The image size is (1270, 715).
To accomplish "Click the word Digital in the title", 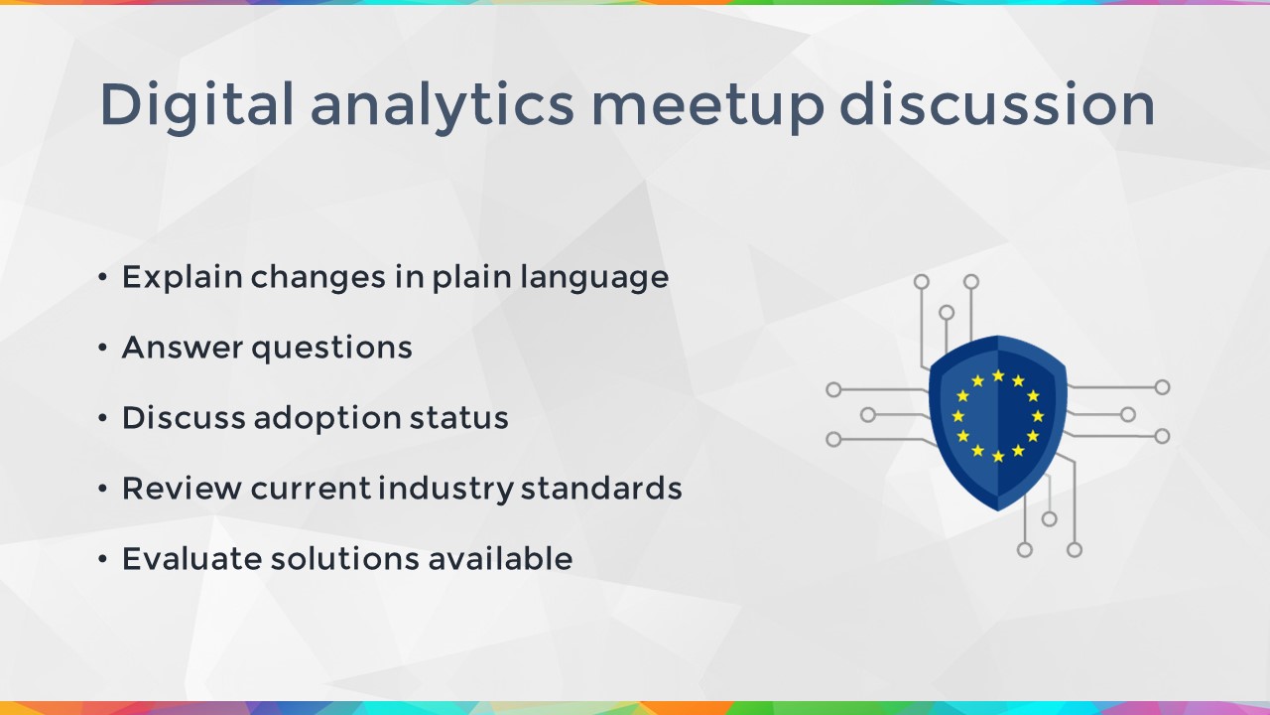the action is [x=196, y=105].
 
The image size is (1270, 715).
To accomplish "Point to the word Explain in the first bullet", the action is [x=183, y=277].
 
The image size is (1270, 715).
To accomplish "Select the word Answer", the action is [x=183, y=348].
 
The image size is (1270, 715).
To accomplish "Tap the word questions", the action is [x=331, y=349].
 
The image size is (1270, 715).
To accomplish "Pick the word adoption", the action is [x=327, y=419].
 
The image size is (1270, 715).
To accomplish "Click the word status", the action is [x=459, y=418].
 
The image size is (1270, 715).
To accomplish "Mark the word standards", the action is [x=601, y=488].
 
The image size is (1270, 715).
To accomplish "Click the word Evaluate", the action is [x=192, y=559].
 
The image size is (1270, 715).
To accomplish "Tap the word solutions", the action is [x=345, y=558].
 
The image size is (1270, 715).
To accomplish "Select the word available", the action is [x=500, y=558].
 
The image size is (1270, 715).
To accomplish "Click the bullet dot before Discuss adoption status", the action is [x=102, y=418].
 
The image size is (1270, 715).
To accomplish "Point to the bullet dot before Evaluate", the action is [x=102, y=559].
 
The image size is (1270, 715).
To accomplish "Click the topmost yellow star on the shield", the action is [x=998, y=375].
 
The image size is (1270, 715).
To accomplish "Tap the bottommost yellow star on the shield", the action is [x=998, y=456].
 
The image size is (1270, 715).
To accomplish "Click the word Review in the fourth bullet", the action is [x=182, y=489].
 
